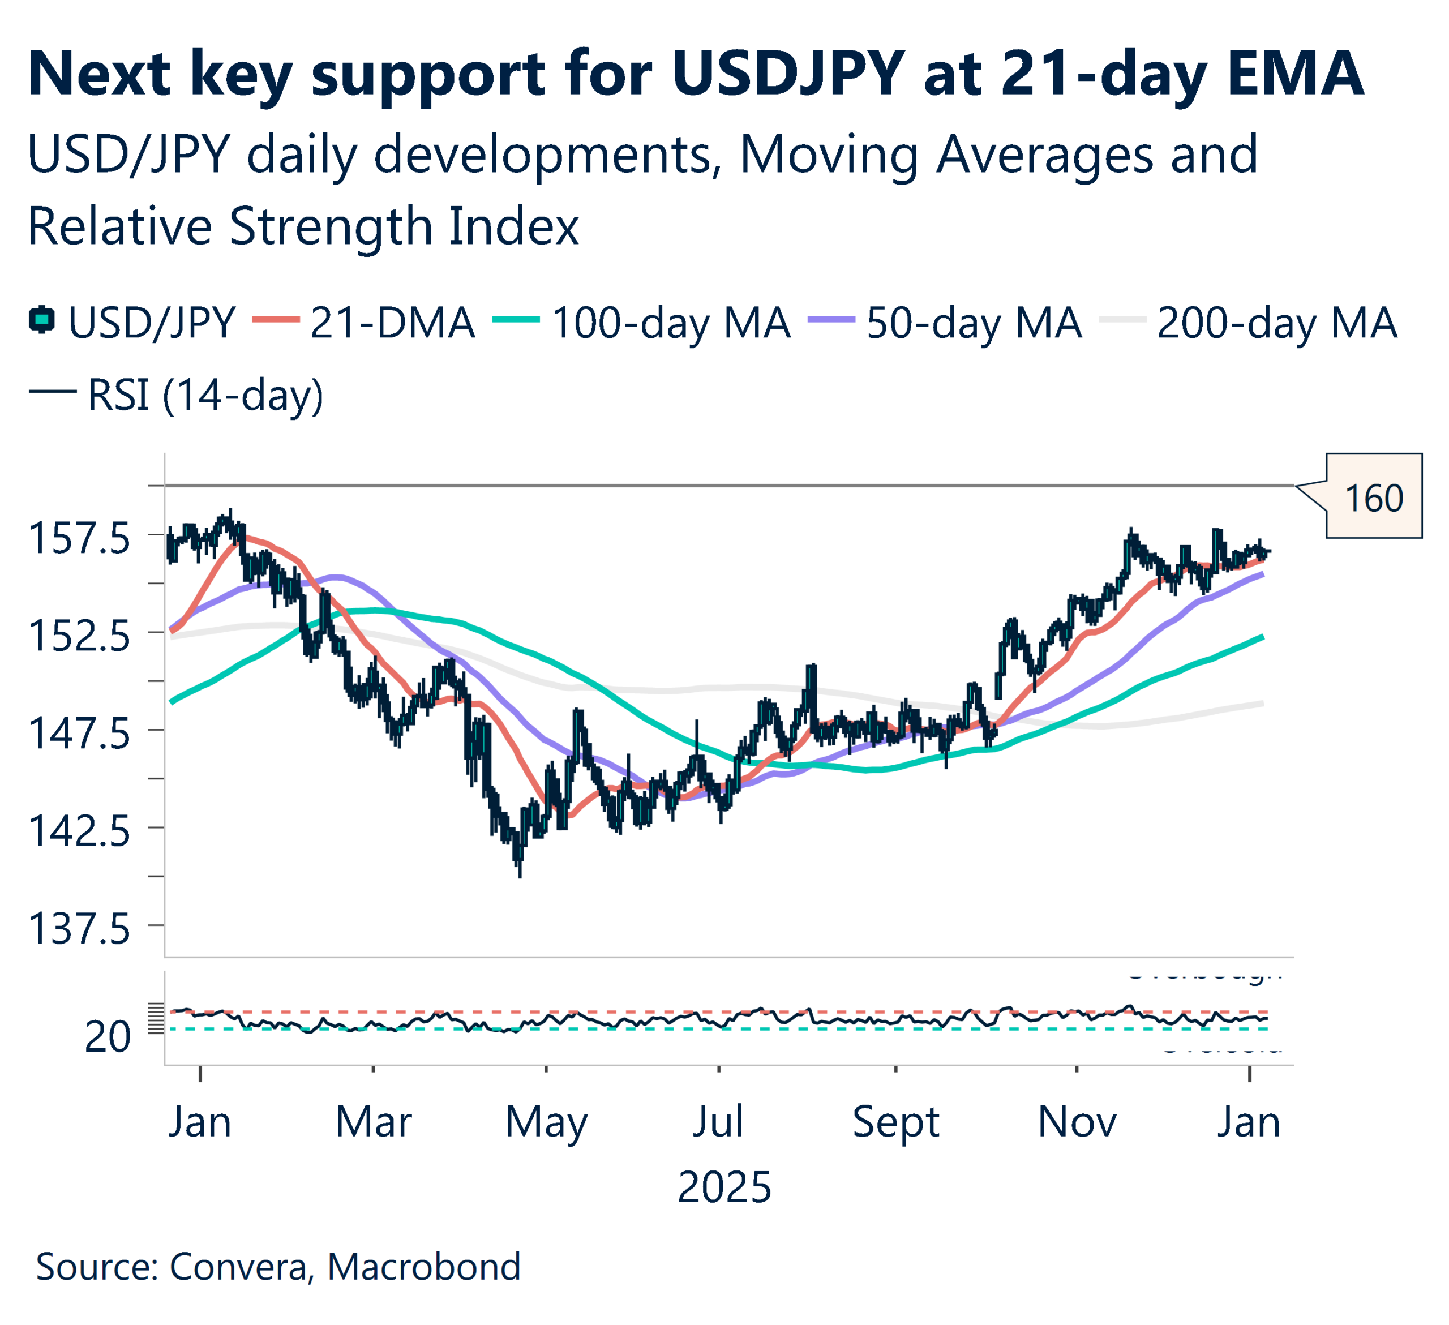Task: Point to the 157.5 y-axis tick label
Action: pyautogui.click(x=79, y=538)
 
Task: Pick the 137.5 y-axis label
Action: pyautogui.click(x=79, y=929)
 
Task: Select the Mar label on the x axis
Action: pyautogui.click(x=374, y=1122)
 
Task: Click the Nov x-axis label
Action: pyautogui.click(x=1077, y=1122)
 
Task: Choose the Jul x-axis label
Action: pyautogui.click(x=718, y=1122)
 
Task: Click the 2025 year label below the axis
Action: pyautogui.click(x=724, y=1187)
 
